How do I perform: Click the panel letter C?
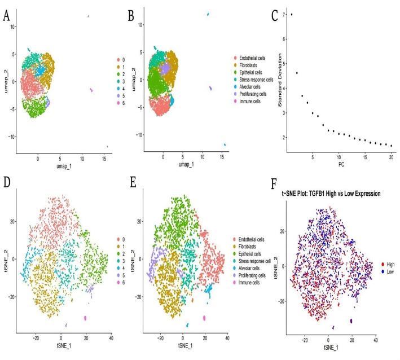(x=275, y=15)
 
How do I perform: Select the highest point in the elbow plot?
(x=291, y=14)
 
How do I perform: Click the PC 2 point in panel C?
(x=297, y=72)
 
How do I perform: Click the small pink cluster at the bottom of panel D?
(x=86, y=318)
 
